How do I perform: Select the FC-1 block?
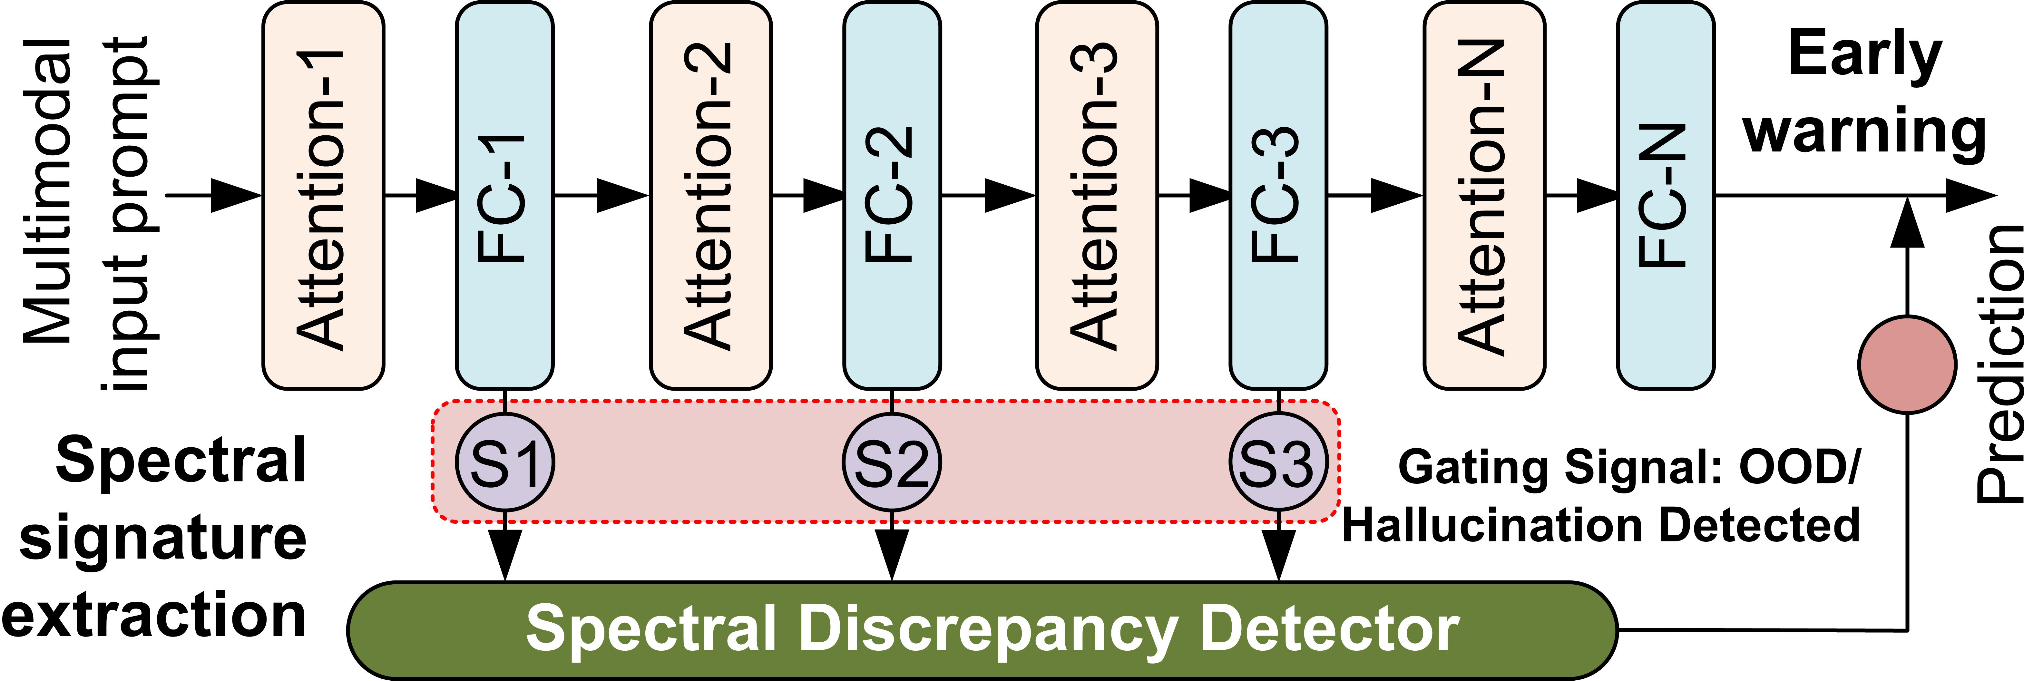(x=504, y=196)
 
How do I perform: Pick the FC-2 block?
(x=892, y=196)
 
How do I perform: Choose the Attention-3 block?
(x=1097, y=196)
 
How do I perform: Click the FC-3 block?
(x=1278, y=196)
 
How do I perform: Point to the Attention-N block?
(x=1484, y=196)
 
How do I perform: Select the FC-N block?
(x=1666, y=196)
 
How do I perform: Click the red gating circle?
(x=1907, y=364)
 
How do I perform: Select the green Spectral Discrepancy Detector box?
(x=982, y=630)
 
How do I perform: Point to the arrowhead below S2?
(x=892, y=555)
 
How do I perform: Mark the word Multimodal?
(x=49, y=190)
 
